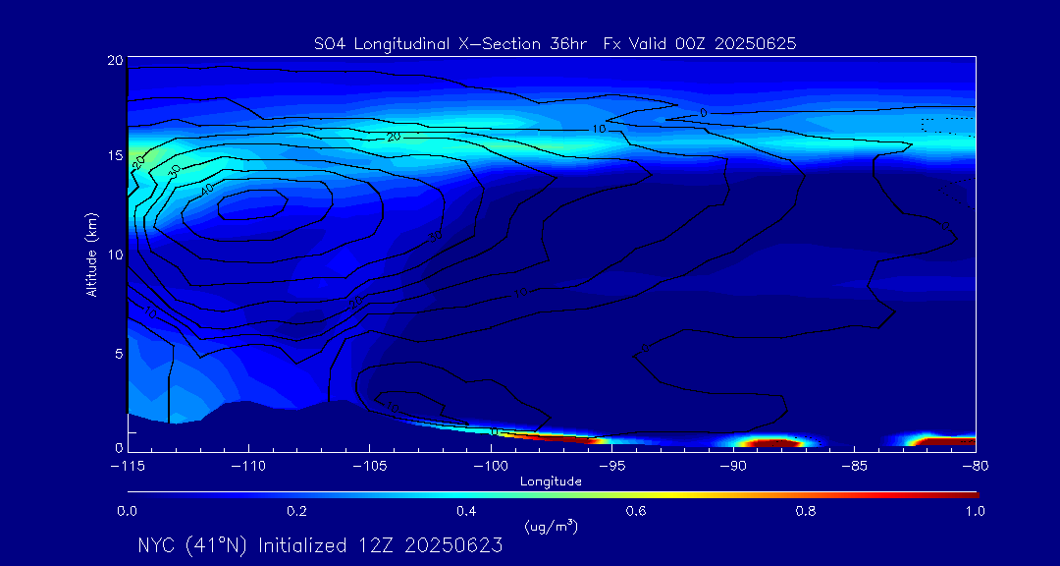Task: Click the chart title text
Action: click(555, 43)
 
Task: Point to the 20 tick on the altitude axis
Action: click(114, 61)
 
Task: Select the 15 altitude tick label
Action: click(114, 157)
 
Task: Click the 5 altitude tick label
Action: click(117, 353)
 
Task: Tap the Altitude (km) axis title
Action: click(91, 255)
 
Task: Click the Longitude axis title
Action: click(551, 481)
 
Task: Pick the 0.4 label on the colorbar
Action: click(466, 511)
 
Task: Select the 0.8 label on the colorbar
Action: click(806, 511)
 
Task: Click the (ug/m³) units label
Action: click(551, 527)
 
